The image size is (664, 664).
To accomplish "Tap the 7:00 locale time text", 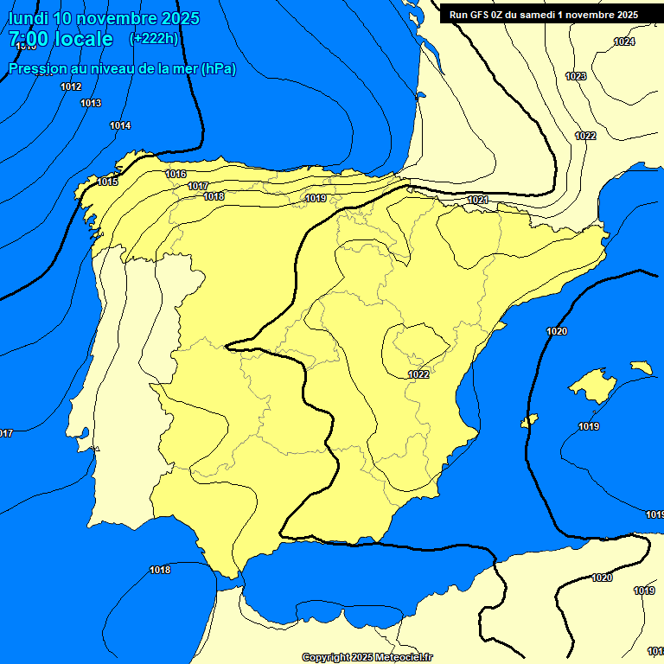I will tap(61, 39).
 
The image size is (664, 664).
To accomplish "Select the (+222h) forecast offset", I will tap(153, 39).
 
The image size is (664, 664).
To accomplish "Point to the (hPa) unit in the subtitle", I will tap(218, 68).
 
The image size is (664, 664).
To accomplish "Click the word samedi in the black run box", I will tap(535, 15).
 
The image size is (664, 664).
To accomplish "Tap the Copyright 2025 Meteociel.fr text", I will tap(367, 657).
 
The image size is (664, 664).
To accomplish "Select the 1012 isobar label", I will tap(71, 86).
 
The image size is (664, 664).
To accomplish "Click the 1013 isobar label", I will tap(91, 103).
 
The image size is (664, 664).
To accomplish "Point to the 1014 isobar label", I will tap(120, 125).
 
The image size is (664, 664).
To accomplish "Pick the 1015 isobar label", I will tap(108, 182).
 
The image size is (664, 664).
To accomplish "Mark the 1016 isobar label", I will tap(176, 174).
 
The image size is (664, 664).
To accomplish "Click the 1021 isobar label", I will tap(477, 200).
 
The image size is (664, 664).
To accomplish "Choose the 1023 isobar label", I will tap(576, 76).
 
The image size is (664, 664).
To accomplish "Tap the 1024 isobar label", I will tap(623, 41).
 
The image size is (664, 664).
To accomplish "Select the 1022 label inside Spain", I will tap(418, 374).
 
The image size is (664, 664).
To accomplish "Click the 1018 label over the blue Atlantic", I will tap(160, 570).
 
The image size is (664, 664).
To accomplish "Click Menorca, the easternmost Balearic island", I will tap(642, 367).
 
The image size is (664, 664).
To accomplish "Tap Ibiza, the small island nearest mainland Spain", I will tap(530, 420).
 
